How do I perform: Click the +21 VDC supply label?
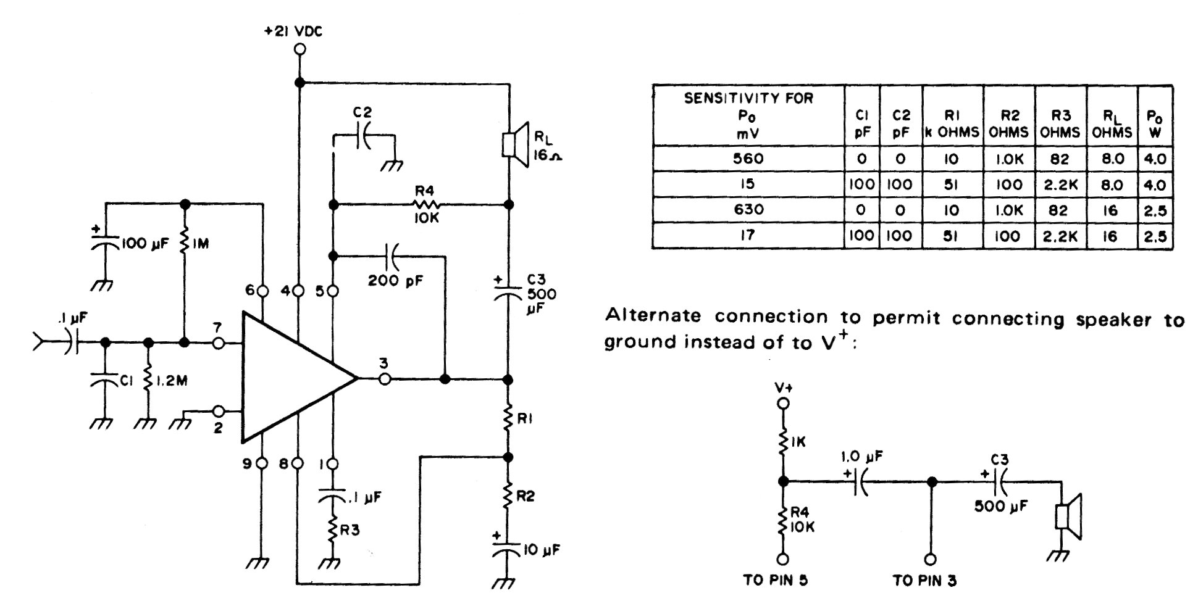(x=293, y=31)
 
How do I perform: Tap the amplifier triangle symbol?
(x=290, y=378)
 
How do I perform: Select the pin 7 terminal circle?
(x=218, y=342)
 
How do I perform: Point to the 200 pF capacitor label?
(x=395, y=281)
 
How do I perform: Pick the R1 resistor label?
(x=526, y=419)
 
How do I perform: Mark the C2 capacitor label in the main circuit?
(x=362, y=113)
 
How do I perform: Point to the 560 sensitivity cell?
(x=748, y=159)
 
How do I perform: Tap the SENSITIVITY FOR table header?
(x=748, y=97)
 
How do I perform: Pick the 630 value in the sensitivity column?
(x=748, y=210)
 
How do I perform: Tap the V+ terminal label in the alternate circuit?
(x=783, y=388)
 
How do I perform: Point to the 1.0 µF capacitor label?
(x=861, y=457)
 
